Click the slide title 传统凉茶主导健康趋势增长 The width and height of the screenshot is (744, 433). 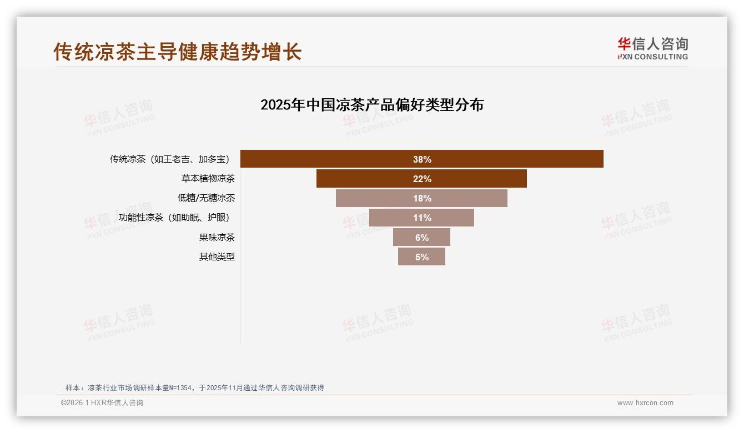click(177, 52)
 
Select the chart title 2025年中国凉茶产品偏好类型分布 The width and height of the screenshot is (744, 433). click(372, 105)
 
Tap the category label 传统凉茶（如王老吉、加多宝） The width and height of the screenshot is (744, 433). click(169, 159)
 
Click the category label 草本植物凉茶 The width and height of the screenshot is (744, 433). click(208, 179)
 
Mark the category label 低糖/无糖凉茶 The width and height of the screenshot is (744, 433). click(206, 198)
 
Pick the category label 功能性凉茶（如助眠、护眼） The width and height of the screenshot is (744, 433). click(174, 218)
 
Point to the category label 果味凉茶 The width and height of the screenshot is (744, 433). click(217, 237)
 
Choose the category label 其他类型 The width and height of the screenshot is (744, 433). click(217, 257)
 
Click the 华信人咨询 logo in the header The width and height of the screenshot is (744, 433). click(652, 48)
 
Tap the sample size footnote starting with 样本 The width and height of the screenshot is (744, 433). click(194, 387)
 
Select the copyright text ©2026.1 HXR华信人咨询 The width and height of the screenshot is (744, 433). click(102, 403)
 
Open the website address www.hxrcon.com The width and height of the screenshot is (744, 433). click(645, 403)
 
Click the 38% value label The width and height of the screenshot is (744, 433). click(422, 159)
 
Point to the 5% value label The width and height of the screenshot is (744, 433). click(422, 257)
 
